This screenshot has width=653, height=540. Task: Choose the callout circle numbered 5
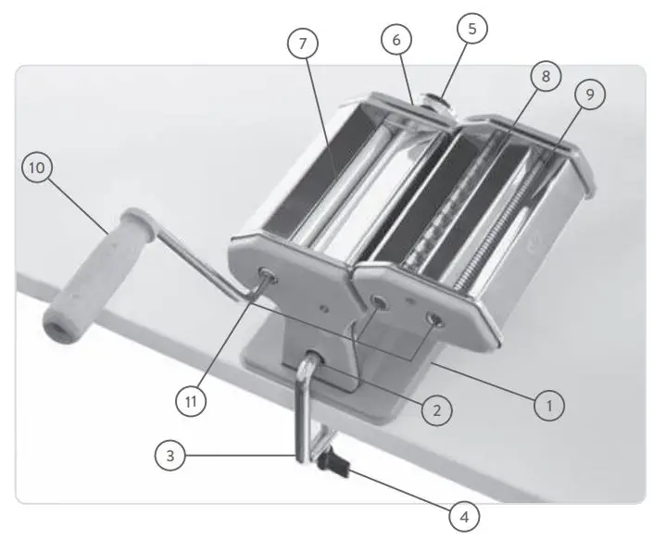(x=471, y=29)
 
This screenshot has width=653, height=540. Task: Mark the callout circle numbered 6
(x=396, y=40)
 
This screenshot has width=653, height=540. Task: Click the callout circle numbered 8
(x=545, y=76)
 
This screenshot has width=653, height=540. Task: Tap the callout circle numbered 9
(x=589, y=93)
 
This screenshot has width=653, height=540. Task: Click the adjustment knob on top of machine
(x=434, y=97)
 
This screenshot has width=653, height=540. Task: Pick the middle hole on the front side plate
(x=380, y=300)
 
